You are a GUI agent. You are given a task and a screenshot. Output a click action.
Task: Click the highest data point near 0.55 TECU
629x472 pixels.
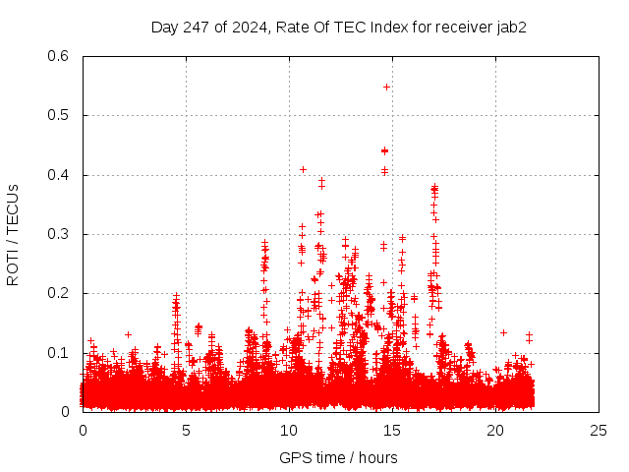[x=386, y=87]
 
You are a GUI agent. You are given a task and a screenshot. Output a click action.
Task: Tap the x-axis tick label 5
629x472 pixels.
[x=186, y=431]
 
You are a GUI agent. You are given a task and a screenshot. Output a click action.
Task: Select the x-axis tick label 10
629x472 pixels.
[x=289, y=431]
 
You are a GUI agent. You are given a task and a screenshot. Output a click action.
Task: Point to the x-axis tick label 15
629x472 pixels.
[x=392, y=431]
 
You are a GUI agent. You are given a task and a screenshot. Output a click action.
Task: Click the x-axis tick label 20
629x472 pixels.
[x=495, y=431]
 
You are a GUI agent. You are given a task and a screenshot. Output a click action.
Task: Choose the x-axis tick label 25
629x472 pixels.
[x=599, y=431]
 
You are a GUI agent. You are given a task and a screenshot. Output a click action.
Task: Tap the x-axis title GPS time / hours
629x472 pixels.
[x=339, y=457]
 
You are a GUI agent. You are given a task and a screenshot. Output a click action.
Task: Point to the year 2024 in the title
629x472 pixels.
[x=250, y=27]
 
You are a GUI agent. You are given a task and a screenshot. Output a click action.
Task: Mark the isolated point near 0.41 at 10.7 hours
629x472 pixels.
[x=303, y=169]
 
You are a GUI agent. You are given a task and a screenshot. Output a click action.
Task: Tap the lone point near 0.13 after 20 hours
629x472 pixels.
[x=503, y=332]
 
